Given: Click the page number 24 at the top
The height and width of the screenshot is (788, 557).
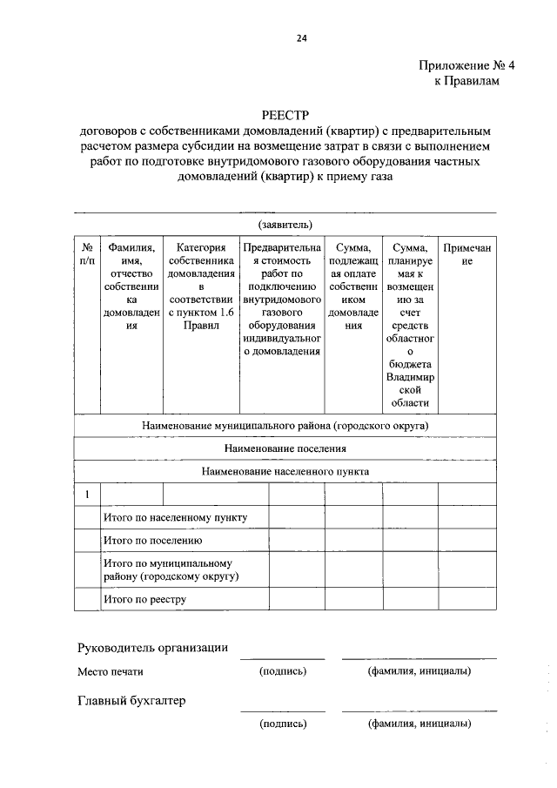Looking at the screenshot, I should click(x=302, y=37).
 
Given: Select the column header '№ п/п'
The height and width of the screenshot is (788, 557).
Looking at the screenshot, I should click(x=87, y=254).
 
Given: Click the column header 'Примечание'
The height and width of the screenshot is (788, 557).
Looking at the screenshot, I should click(x=467, y=254).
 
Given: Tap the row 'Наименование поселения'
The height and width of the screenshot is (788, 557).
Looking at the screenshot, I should click(x=285, y=448).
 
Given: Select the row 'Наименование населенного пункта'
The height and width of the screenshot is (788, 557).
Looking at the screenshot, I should click(x=285, y=471).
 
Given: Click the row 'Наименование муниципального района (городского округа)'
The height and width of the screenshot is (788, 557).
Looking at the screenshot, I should click(x=285, y=426).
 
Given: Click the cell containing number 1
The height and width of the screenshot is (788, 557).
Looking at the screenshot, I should click(x=87, y=495).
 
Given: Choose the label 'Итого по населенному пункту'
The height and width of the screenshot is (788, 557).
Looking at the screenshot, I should click(x=175, y=517).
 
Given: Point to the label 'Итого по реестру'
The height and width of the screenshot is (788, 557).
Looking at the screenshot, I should click(x=145, y=599).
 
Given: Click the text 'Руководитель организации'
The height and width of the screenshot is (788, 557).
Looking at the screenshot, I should click(x=152, y=647).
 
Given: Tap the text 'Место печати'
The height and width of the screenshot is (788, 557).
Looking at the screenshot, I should click(x=110, y=671).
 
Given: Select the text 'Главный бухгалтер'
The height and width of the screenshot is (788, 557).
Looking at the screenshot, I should click(x=131, y=700).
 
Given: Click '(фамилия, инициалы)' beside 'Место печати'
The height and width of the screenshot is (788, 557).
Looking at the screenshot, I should click(x=419, y=671).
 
